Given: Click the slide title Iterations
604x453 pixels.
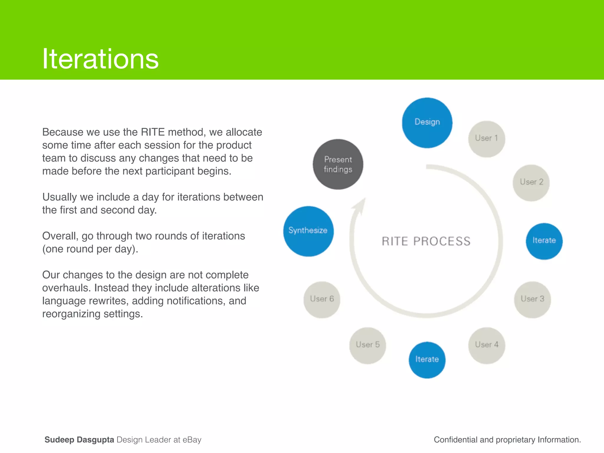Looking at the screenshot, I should pos(100,59).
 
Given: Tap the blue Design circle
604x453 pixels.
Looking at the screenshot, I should pos(427,123).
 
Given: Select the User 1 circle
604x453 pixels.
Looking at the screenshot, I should pos(486,139).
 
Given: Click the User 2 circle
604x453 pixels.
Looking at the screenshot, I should pos(531,183).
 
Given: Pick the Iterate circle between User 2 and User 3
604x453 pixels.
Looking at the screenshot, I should pos(544,241).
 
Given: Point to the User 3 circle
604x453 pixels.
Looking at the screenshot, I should pos(532,299).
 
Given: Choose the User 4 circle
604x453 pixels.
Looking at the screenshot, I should pos(487,345).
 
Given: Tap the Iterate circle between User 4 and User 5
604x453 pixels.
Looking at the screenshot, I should pos(427,360).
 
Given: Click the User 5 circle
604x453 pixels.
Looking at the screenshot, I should pos(367,345).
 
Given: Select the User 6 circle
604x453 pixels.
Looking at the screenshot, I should pos(322,299).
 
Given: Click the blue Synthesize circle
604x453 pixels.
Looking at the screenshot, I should pos(308,231).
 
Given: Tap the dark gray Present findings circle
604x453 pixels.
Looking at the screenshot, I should pos(338,164).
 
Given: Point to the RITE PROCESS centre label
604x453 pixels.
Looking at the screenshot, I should pos(426,241).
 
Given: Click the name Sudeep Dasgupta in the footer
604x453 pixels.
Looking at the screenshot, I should pos(79,440).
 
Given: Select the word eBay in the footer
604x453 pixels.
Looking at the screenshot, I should pos(192,440).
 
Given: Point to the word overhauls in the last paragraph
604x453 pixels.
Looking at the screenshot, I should pos(66,288).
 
